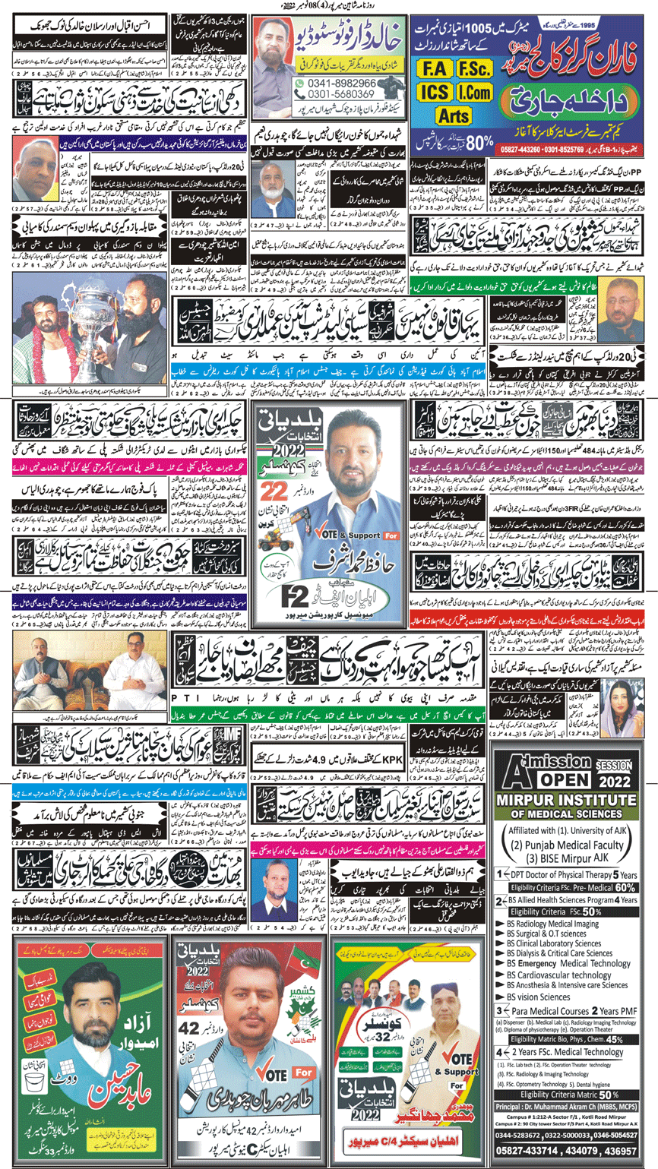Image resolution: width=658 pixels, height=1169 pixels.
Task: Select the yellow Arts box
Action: tap(454, 115)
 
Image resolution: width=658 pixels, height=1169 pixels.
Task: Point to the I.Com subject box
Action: tap(472, 93)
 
